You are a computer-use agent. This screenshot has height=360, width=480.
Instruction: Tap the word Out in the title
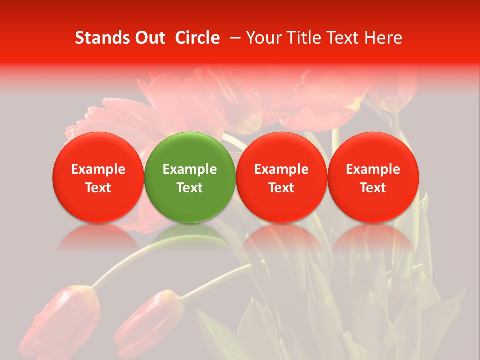pyautogui.click(x=149, y=38)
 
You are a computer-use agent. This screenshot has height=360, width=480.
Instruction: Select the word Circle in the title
pyautogui.click(x=197, y=38)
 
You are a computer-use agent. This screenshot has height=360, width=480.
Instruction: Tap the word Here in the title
pyautogui.click(x=384, y=38)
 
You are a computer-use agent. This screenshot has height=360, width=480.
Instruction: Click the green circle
pyautogui.click(x=190, y=150)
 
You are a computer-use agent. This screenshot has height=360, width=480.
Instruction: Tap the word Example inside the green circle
pyautogui.click(x=190, y=169)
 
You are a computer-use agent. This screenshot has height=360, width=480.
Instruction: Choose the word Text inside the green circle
pyautogui.click(x=190, y=188)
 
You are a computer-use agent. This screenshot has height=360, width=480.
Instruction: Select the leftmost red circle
pyautogui.click(x=98, y=150)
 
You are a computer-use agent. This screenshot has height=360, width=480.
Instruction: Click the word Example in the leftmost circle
pyautogui.click(x=98, y=169)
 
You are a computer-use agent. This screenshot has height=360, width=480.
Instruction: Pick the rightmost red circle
pyautogui.click(x=373, y=150)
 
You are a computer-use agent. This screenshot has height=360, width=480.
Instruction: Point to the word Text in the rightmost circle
pyautogui.click(x=373, y=188)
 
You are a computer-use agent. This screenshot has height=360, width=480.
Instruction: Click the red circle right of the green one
pyautogui.click(x=281, y=150)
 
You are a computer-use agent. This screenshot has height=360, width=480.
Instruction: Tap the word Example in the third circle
pyautogui.click(x=281, y=169)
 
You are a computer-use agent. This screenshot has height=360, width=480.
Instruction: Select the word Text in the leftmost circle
pyautogui.click(x=98, y=188)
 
